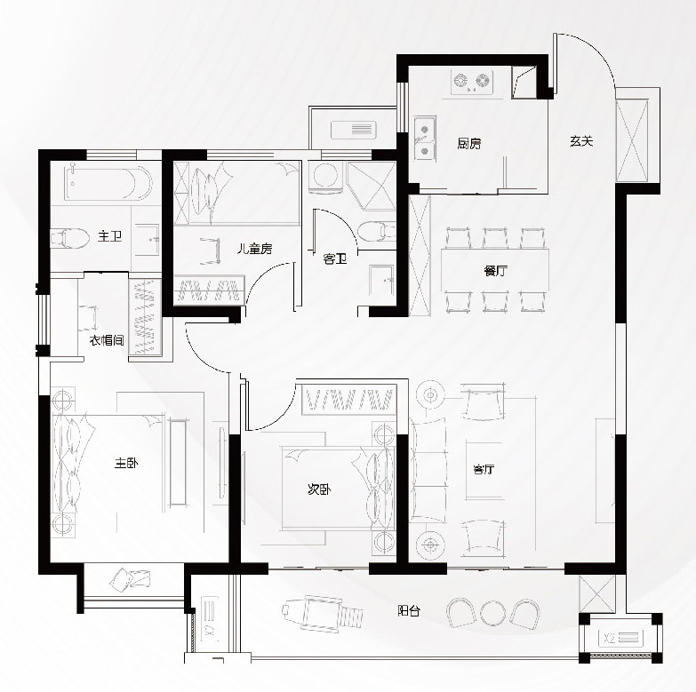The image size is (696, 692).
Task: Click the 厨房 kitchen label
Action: (469, 143)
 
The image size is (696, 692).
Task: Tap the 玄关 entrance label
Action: (581, 141)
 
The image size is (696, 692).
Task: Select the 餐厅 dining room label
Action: (495, 271)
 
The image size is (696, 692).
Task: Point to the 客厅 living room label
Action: (484, 469)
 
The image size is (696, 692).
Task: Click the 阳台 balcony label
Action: (409, 611)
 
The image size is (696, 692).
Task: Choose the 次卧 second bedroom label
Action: (319, 489)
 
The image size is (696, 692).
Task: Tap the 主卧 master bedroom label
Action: (126, 463)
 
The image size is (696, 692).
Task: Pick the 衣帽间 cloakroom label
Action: (107, 341)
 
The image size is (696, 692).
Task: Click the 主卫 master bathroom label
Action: (109, 235)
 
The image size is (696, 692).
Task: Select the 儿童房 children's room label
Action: (254, 249)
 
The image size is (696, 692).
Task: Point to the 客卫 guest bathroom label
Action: (335, 259)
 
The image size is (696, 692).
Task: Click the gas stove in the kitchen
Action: (472, 82)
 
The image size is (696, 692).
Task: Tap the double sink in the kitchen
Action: (424, 138)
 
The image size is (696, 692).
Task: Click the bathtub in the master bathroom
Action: (108, 183)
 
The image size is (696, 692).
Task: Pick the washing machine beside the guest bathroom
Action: (325, 178)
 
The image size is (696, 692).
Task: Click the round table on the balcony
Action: (492, 614)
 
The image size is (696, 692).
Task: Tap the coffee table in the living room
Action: (484, 470)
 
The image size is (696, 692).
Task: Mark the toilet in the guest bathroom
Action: (376, 232)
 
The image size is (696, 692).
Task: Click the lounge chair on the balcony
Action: (323, 611)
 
